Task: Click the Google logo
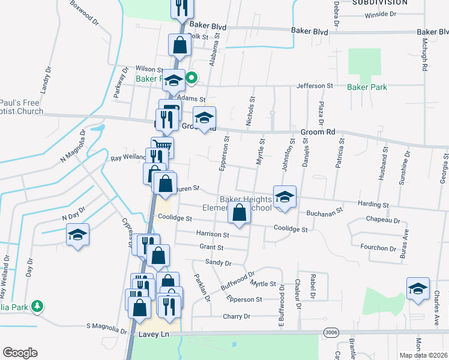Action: [20, 353]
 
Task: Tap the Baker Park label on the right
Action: [367, 87]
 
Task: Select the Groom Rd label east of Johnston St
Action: [318, 131]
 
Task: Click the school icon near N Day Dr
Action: [77, 235]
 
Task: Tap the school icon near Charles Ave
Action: [418, 289]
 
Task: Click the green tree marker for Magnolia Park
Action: [37, 307]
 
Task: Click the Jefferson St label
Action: [314, 86]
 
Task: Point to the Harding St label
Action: [373, 205]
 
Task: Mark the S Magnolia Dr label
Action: [106, 328]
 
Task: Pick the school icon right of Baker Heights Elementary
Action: [285, 196]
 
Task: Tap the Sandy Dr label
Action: [218, 262]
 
